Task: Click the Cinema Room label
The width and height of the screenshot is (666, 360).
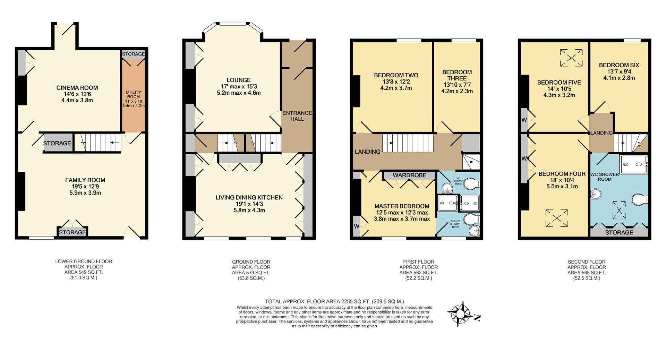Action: tap(77, 88)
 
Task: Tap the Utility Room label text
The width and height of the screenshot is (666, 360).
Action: tap(133, 95)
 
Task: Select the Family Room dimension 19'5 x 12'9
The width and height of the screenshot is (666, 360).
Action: tap(85, 187)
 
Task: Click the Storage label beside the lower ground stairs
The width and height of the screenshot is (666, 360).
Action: tap(57, 143)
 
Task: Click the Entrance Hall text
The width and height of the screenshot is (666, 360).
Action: tap(297, 116)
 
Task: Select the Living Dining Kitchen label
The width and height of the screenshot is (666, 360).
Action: tap(249, 197)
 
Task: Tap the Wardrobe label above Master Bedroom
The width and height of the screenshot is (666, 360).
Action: tap(409, 175)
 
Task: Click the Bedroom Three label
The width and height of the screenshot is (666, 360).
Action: tap(457, 75)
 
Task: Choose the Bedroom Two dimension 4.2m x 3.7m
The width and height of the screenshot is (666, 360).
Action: tap(396, 88)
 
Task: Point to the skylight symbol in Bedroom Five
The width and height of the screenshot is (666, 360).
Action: tap(571, 58)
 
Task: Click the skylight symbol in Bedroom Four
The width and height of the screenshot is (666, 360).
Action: tap(556, 218)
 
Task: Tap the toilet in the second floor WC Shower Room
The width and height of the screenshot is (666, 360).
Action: tap(639, 200)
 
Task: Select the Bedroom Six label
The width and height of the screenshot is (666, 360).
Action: tap(619, 65)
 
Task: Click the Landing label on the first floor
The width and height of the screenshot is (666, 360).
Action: tap(367, 152)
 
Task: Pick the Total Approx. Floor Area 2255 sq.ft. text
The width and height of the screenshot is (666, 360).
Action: tap(334, 301)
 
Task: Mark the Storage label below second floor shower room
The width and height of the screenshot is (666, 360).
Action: tap(619, 232)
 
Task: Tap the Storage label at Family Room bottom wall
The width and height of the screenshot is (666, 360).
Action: tap(72, 232)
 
